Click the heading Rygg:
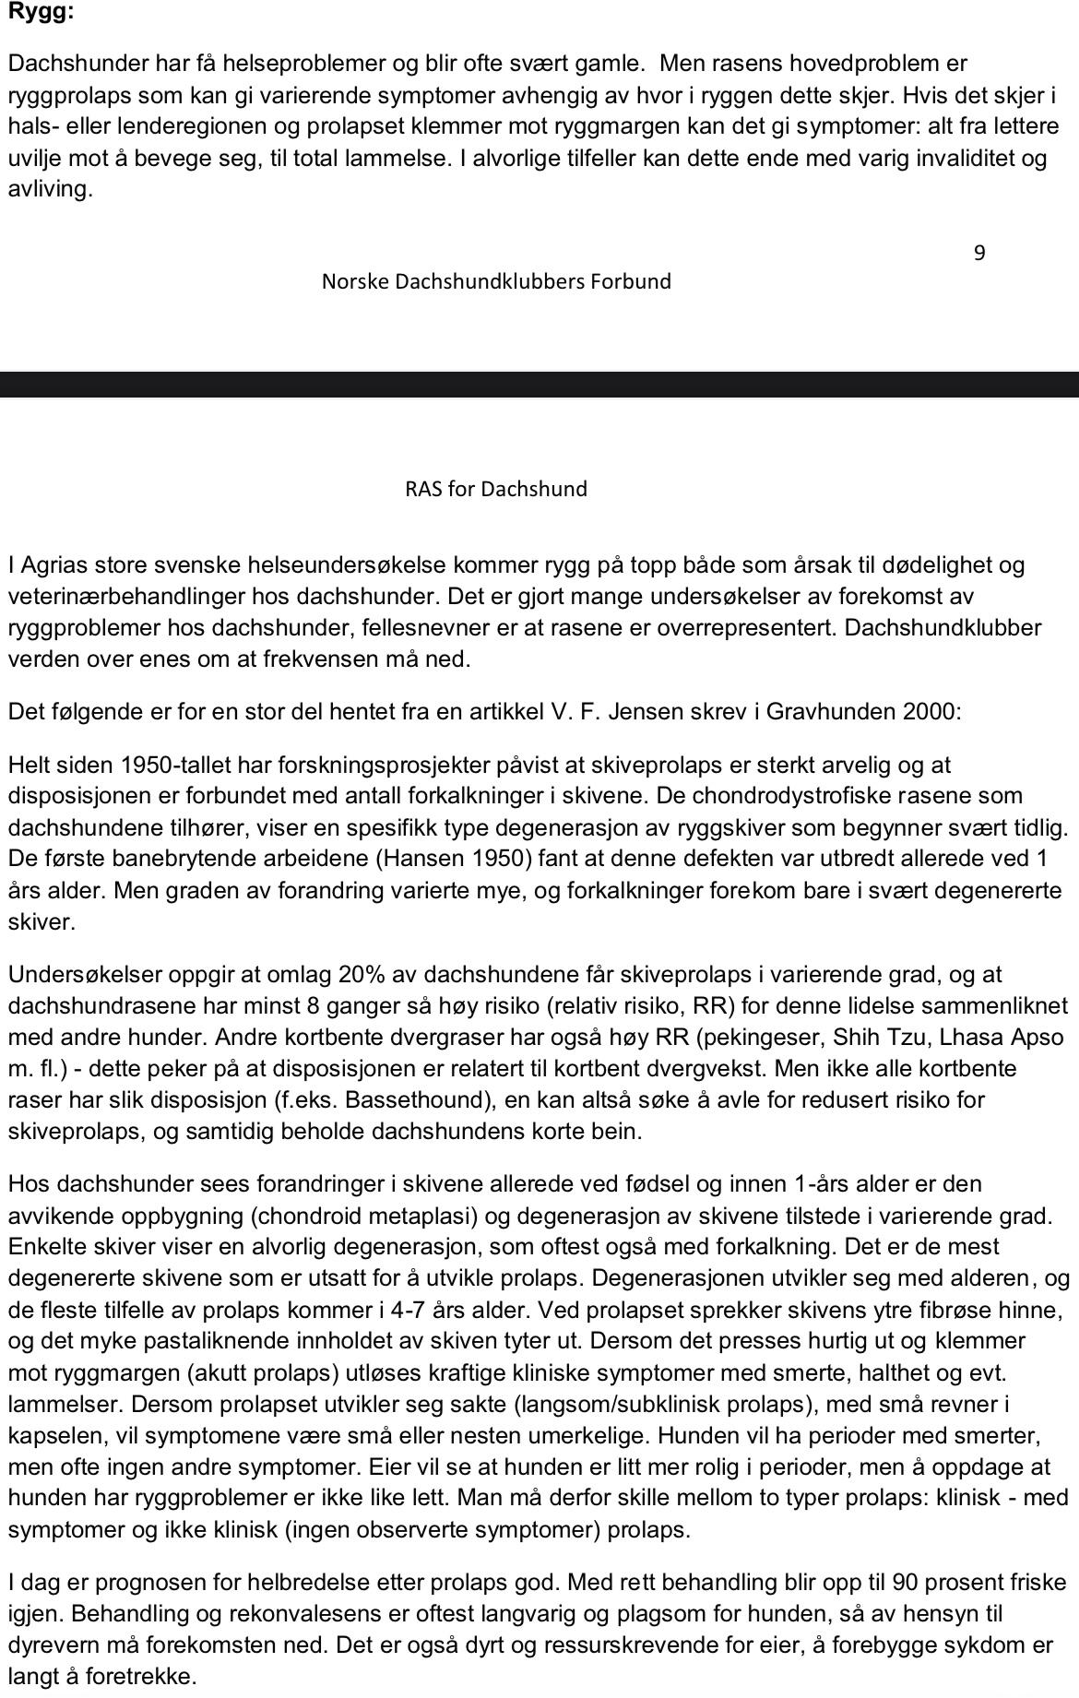[x=41, y=12]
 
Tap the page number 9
[x=979, y=253]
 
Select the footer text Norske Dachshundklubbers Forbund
[x=496, y=281]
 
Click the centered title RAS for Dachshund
[x=496, y=489]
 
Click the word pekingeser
[x=758, y=1037]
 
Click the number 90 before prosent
[x=907, y=1582]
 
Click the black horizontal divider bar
[x=539, y=384]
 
